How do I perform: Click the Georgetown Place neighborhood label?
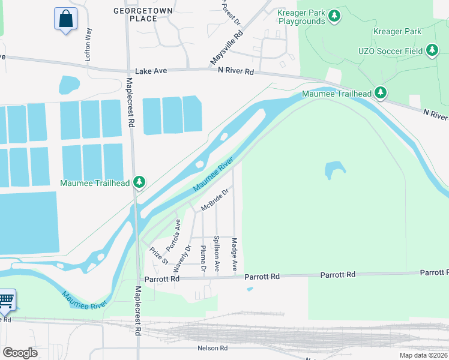[x=143, y=14]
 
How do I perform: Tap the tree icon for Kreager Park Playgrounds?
[x=335, y=15]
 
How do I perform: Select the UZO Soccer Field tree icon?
[x=432, y=52]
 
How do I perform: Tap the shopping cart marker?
[x=6, y=301]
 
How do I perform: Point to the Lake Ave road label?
[x=151, y=71]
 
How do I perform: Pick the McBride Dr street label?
[x=215, y=200]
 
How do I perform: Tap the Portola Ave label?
[x=173, y=235]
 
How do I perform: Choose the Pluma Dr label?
[x=203, y=258]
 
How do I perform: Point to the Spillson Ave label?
[x=217, y=251]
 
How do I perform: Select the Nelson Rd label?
[x=212, y=348]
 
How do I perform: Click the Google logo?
[x=20, y=353]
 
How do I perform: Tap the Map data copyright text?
[x=423, y=355]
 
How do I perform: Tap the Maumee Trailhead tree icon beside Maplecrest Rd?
[x=139, y=182]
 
